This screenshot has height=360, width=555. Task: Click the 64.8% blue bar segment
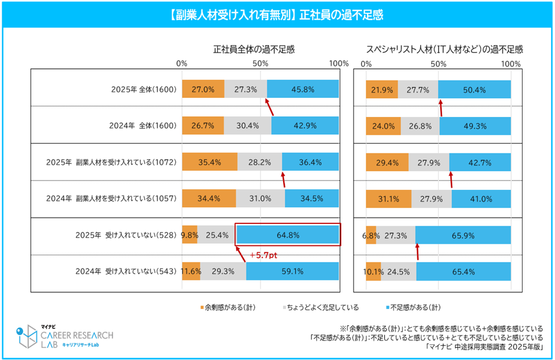point(288,236)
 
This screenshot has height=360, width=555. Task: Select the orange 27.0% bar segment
point(203,90)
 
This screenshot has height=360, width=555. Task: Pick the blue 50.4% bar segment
point(475,90)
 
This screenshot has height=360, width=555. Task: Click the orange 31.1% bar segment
point(389,199)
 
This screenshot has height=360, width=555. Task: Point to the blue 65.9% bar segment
point(463,236)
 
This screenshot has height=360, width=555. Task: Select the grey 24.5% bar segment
point(399,271)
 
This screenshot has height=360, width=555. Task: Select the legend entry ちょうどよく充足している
point(319,307)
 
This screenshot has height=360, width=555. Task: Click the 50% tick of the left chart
point(260,63)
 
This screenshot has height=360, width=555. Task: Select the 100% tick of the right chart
point(511,63)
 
